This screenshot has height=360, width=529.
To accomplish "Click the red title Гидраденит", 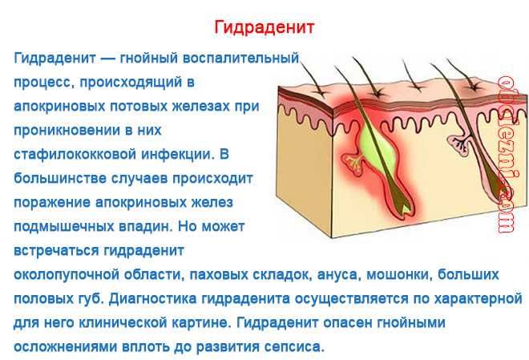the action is (264, 27).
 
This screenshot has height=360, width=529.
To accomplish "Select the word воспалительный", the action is (241, 59).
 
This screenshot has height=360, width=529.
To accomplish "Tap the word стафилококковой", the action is (75, 155).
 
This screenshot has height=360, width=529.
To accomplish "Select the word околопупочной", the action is (67, 275).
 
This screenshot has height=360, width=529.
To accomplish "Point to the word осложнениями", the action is (66, 347).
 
